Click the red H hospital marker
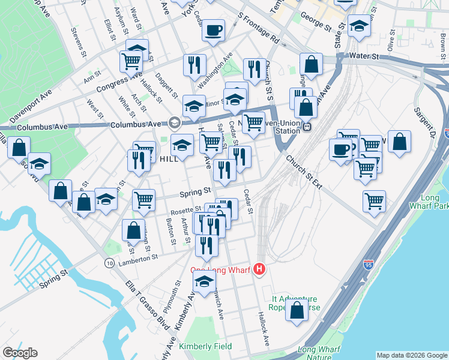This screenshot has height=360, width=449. [259, 269]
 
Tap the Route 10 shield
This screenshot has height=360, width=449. [109, 263]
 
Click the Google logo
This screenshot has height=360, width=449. [20, 353]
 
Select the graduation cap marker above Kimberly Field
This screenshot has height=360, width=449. [205, 281]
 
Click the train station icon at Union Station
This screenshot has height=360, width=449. [307, 127]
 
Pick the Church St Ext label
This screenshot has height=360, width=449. [304, 172]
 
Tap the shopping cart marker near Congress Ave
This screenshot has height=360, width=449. [130, 60]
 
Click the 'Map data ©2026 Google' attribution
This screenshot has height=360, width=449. [411, 355]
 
